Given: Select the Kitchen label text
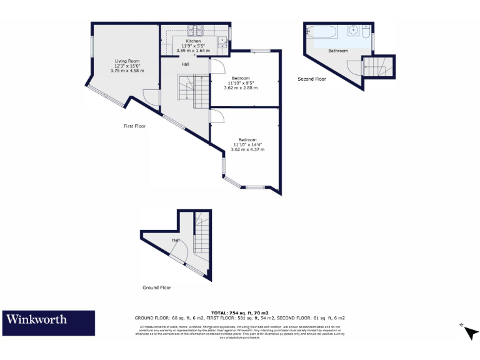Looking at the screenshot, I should point(192,41).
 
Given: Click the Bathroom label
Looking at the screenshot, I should point(338,51).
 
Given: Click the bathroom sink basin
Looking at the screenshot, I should point(354,29).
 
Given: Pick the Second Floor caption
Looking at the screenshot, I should point(311,79).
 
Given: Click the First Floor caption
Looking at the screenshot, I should point(134,126).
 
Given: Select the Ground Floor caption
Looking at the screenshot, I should point(156,287).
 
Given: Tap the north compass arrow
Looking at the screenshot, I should point(469,331).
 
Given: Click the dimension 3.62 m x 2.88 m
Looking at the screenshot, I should point(241,87).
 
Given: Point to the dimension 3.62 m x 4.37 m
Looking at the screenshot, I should point(247,149).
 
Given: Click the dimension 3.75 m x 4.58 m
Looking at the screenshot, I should point(127,71).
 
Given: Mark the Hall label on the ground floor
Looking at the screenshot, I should point(176,240).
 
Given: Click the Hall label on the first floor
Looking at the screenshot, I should point(186,64).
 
